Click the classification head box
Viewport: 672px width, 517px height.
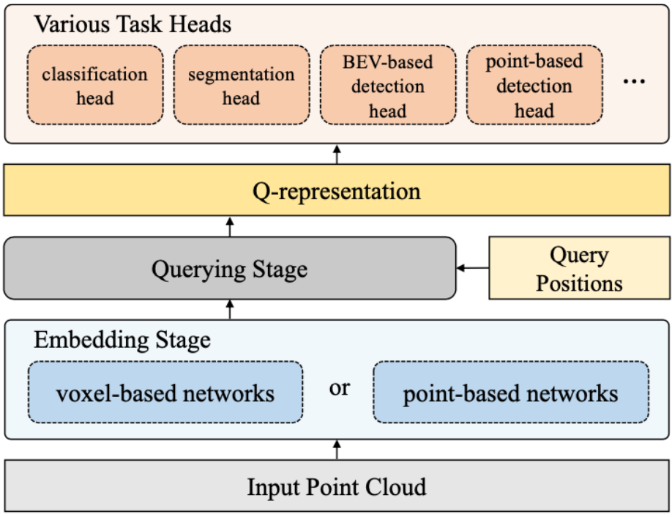[x=95, y=85]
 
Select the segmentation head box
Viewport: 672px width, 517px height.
[x=242, y=85]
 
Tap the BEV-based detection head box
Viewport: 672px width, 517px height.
[x=388, y=85]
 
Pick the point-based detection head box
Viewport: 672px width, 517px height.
[x=535, y=85]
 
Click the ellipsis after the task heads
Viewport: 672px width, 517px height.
[x=634, y=81]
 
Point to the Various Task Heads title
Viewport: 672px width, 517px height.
[x=132, y=24]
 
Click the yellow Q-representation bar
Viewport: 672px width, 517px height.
[x=337, y=190]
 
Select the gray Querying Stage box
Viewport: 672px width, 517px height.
[x=230, y=268]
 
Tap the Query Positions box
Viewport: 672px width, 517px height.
[x=580, y=268]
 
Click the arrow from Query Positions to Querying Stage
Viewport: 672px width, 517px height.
[x=473, y=268]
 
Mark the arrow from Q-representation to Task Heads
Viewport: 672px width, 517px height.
[x=337, y=155]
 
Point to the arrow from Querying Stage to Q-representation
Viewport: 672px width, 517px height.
[x=230, y=227]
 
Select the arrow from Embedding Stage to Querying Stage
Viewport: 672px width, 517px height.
[x=230, y=310]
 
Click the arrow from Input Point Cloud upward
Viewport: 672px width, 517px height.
[x=337, y=450]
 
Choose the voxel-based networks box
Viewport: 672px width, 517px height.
[x=166, y=393]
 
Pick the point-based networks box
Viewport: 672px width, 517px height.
[x=511, y=393]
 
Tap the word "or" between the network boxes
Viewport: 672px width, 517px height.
[x=340, y=388]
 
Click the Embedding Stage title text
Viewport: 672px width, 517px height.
[x=122, y=340]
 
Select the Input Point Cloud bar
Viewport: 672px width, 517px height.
[x=337, y=486]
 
